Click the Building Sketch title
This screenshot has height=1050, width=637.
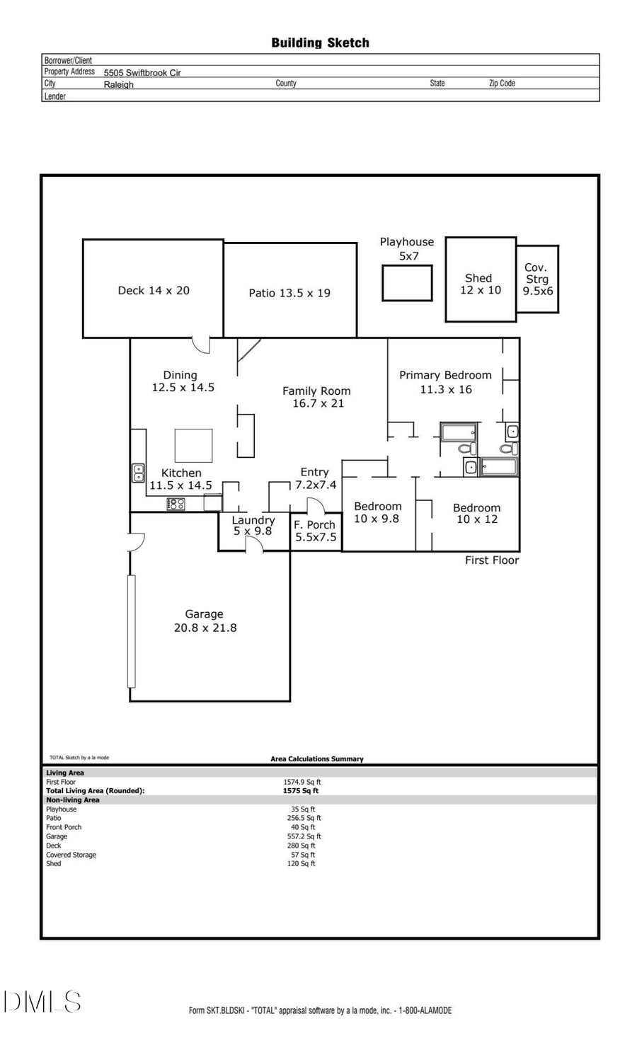click(x=320, y=43)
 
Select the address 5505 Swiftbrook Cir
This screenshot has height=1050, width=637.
click(x=142, y=72)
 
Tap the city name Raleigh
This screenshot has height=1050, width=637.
click(x=118, y=84)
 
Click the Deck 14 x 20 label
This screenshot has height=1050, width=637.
click(x=154, y=291)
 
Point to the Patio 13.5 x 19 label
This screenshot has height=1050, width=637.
click(x=289, y=293)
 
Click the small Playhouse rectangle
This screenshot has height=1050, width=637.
click(x=407, y=283)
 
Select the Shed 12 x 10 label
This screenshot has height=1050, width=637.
click(x=480, y=284)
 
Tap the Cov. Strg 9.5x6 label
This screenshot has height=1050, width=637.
click(x=537, y=279)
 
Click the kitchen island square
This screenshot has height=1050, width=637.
click(x=193, y=446)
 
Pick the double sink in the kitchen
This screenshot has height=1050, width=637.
click(x=139, y=473)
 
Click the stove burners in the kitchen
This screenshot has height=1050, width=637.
click(x=176, y=504)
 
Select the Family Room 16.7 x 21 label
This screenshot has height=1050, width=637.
click(x=317, y=397)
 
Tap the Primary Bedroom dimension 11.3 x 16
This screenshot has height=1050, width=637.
click(x=446, y=390)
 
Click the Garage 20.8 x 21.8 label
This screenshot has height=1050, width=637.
click(x=205, y=621)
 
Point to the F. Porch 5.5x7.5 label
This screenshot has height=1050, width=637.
click(x=315, y=531)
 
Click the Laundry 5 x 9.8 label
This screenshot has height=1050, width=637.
click(x=253, y=526)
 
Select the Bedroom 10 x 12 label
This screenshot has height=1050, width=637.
click(x=476, y=514)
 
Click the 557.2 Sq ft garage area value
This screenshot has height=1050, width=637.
click(x=304, y=836)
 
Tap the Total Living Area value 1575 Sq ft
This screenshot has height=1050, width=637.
click(x=301, y=791)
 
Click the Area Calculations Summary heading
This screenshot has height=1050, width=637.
click(x=316, y=759)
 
